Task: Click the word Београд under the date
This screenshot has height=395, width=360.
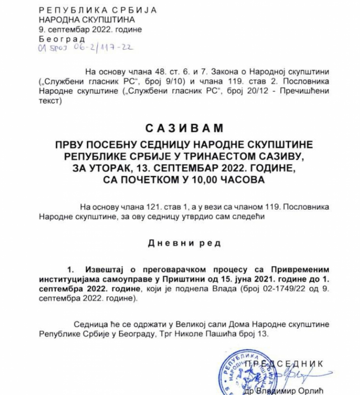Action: coord(62,39)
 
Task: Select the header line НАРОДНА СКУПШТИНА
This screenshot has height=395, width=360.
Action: coord(87,19)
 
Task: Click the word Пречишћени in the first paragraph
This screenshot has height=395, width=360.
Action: coord(307,91)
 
